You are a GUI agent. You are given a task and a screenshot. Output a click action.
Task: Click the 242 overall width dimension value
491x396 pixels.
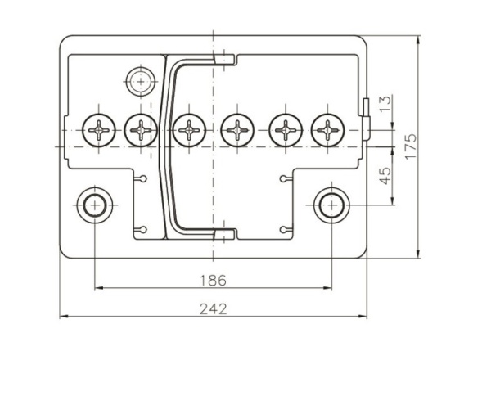(214, 309)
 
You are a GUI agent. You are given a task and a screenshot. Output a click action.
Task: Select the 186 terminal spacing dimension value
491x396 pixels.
(213, 280)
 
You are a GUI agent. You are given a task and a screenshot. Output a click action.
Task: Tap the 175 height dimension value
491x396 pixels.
(411, 146)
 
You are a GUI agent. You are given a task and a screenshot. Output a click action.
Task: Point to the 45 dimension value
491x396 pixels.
(385, 176)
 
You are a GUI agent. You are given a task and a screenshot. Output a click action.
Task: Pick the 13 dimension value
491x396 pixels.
(385, 103)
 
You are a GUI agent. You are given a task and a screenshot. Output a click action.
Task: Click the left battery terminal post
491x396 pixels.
(95, 205)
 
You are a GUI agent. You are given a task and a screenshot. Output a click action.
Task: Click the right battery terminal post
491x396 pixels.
(331, 205)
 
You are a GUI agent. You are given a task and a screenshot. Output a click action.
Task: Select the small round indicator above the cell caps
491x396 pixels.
(141, 82)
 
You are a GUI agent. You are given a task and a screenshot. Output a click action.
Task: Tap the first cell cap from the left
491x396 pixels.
(99, 130)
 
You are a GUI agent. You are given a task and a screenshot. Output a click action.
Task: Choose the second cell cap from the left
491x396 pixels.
(141, 130)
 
